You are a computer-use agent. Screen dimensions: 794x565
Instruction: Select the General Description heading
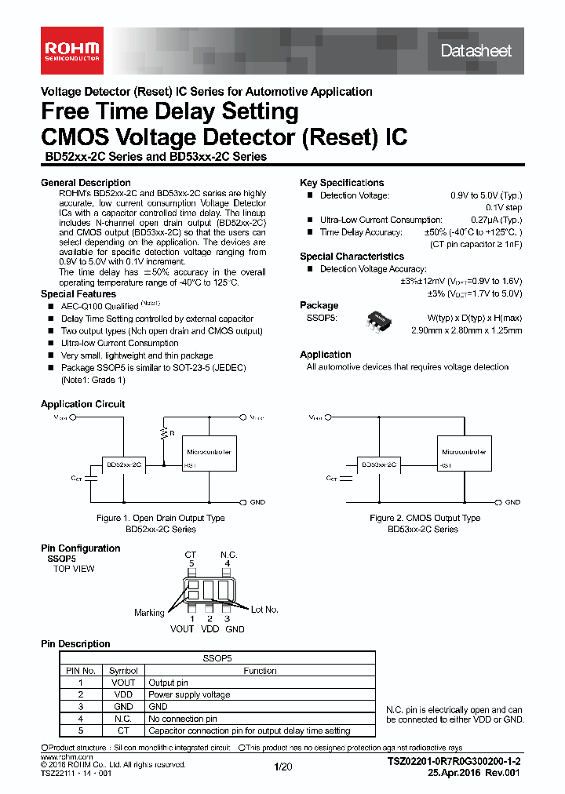(75, 183)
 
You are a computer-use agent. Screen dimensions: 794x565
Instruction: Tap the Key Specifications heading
(341, 183)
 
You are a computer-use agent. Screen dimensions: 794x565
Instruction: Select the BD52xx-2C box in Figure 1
(123, 464)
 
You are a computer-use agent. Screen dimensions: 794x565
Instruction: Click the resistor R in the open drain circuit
(164, 433)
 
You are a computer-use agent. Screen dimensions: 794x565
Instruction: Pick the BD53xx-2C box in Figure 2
(379, 464)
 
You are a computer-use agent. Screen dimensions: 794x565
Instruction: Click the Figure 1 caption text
(160, 518)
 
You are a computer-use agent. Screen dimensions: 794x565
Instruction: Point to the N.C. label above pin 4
(228, 555)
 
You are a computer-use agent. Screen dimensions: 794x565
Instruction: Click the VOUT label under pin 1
(182, 628)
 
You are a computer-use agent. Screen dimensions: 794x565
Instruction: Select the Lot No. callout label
(264, 609)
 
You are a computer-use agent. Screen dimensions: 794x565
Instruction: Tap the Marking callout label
(149, 613)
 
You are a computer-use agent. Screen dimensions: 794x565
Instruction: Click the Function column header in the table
(260, 671)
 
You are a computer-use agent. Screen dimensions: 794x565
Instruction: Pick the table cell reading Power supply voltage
(189, 694)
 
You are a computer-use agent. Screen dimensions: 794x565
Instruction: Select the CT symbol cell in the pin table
(123, 730)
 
